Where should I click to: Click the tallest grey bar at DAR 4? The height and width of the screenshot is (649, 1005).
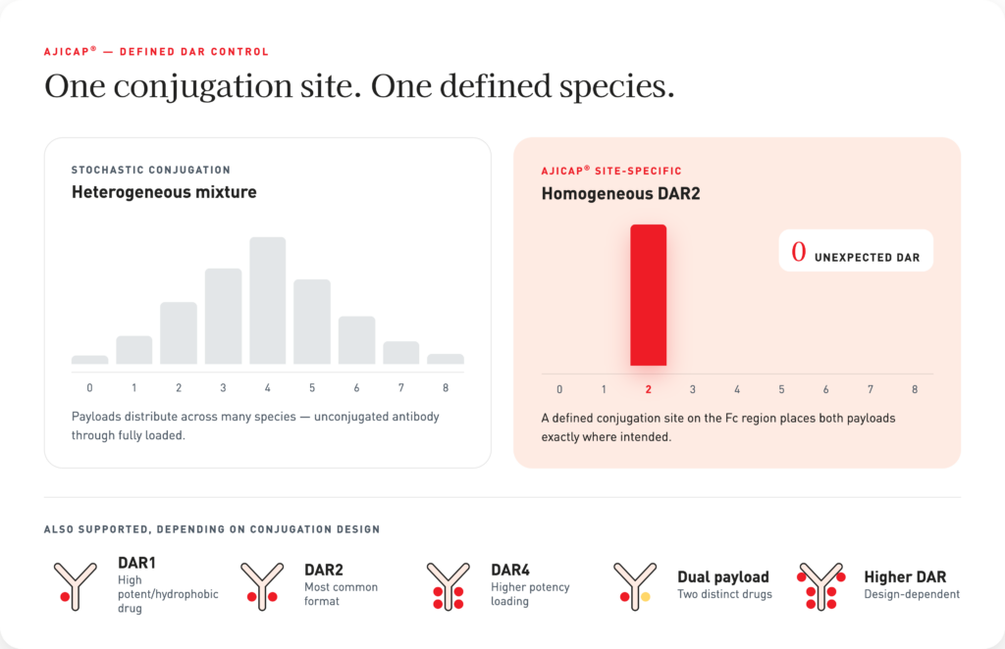(x=267, y=301)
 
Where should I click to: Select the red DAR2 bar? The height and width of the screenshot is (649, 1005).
(x=648, y=295)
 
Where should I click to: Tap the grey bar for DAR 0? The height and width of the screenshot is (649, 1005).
(x=89, y=360)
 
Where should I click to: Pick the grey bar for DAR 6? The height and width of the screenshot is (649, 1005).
(x=356, y=340)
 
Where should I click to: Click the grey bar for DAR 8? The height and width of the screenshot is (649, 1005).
(x=446, y=359)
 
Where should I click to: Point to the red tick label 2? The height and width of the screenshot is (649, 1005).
(x=648, y=389)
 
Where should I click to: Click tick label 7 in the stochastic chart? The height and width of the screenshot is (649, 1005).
(x=401, y=388)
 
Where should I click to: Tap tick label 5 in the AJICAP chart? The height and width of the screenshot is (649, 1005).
(x=781, y=389)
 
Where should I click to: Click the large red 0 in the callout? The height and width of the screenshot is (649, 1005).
(x=798, y=252)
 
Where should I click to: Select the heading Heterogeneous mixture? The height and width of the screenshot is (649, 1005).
(x=164, y=192)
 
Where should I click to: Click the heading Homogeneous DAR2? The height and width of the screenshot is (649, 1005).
(x=620, y=193)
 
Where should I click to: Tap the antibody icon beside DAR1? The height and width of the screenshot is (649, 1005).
(x=75, y=586)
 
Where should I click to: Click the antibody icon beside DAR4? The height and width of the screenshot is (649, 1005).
(x=448, y=586)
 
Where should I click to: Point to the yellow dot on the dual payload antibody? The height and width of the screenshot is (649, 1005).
(x=646, y=596)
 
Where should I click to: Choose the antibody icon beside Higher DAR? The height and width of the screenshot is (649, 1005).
(x=821, y=586)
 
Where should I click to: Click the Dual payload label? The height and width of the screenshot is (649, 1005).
(x=723, y=576)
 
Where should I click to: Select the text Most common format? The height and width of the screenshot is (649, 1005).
(x=341, y=594)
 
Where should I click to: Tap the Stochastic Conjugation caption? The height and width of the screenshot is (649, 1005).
(x=150, y=170)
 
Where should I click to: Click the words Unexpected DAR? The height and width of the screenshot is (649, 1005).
(x=868, y=257)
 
